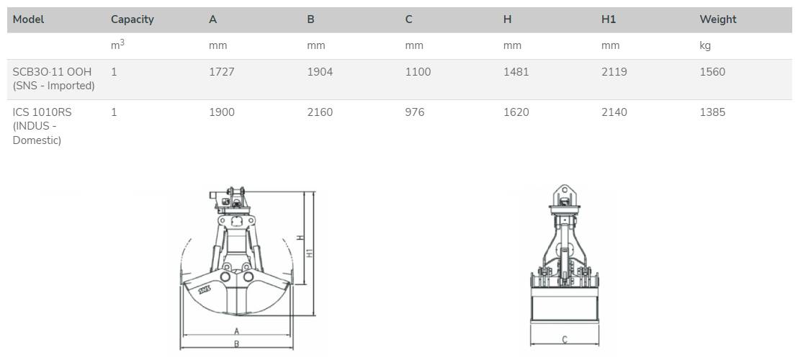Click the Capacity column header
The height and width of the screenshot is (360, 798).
pos(133,19)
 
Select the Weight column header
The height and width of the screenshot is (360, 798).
pos(717,19)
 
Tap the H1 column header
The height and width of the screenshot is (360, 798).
pos(609,19)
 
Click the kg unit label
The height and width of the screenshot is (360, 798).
pos(705,46)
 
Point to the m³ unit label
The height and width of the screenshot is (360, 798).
pos(117,45)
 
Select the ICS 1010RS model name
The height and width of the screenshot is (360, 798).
pos(42,112)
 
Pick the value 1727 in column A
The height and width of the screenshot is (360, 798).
pos(221,72)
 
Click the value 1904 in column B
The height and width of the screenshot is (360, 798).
pos(320,72)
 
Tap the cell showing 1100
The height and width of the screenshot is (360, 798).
pos(418,72)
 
